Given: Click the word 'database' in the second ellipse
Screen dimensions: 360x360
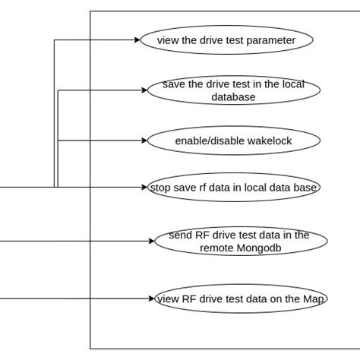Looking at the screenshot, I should pos(233,96).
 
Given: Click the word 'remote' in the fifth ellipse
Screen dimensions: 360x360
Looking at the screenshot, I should pos(217,248).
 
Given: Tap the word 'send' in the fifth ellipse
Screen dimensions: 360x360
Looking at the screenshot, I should pos(181,235).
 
